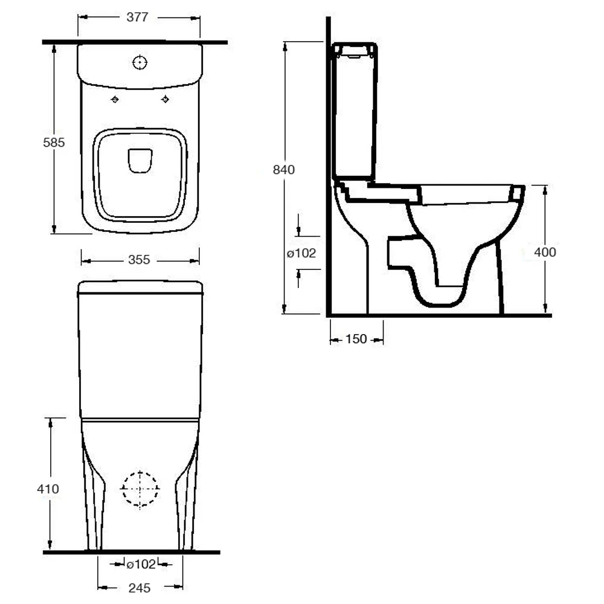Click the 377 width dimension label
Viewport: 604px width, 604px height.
click(138, 18)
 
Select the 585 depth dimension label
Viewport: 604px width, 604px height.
click(54, 143)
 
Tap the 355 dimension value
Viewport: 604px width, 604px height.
click(139, 260)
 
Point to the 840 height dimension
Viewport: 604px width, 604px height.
click(284, 170)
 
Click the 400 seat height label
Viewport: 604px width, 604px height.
click(545, 252)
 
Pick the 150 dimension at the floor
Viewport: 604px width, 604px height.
click(356, 339)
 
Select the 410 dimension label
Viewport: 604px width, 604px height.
click(48, 489)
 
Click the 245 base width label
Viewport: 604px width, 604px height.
click(140, 588)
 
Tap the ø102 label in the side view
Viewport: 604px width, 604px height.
click(301, 254)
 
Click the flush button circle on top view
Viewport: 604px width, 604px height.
click(140, 62)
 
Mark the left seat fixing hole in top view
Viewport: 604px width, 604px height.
click(115, 100)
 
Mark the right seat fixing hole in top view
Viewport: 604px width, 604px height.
click(165, 100)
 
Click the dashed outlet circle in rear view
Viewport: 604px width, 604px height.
click(140, 489)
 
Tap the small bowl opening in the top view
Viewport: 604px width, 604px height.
click(140, 161)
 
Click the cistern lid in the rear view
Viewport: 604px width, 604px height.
click(140, 286)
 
